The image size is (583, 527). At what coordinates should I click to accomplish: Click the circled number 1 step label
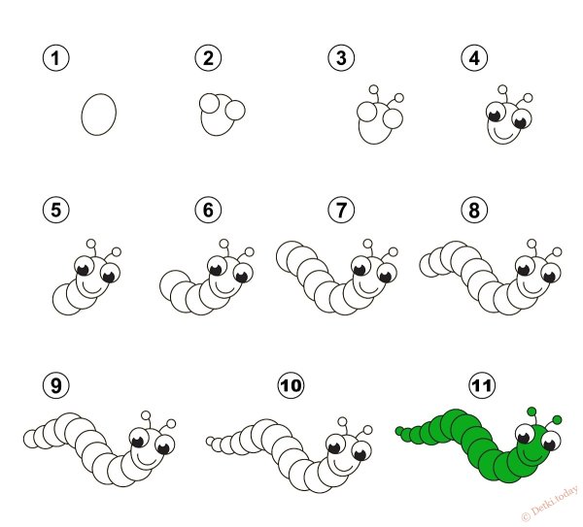55,58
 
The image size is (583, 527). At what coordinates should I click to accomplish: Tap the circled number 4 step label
474,58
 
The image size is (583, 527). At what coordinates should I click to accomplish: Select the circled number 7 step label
341,210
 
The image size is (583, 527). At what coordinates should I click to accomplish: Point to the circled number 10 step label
291,385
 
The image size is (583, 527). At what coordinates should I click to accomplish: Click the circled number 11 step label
482,385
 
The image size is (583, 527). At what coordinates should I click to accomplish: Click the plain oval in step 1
99,114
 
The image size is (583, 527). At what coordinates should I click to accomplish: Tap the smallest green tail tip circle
399,431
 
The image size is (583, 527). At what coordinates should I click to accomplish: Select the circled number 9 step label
55,385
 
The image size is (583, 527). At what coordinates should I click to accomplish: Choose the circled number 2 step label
208,58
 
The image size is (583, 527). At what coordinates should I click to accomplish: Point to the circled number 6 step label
208,210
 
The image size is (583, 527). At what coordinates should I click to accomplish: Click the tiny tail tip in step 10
211,442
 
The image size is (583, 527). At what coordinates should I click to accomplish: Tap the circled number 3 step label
341,58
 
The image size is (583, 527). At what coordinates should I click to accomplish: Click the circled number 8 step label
474,210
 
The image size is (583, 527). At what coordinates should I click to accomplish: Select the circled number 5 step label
55,210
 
